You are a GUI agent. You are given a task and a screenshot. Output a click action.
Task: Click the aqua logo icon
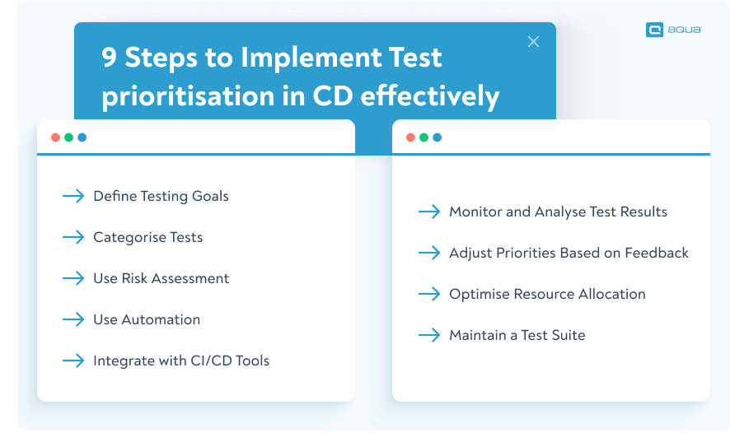coord(655,30)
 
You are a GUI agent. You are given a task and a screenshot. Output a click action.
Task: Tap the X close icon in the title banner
coord(533,42)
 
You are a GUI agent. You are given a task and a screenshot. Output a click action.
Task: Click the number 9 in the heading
coord(110,58)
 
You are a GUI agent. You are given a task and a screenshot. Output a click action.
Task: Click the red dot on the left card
coord(55,137)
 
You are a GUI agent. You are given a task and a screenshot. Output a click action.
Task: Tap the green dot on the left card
coord(68,137)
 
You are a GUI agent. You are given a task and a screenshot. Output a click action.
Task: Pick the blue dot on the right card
coord(437,137)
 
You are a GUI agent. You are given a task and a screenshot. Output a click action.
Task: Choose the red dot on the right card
coord(410,137)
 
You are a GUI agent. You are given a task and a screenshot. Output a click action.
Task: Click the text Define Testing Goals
coord(161,196)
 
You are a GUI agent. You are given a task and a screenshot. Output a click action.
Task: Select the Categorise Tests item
coord(147,237)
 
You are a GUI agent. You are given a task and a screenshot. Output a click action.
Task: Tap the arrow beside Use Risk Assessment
coord(73,278)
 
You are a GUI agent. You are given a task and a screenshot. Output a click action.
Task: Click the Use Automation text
coord(147,319)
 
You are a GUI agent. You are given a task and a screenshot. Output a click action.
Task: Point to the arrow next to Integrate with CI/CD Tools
coord(73,361)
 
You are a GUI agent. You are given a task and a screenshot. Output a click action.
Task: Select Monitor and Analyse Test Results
coord(558,212)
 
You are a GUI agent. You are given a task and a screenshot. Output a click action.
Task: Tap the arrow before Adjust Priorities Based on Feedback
coord(429,253)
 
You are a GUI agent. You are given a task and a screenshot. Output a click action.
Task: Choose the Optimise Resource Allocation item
coord(547,294)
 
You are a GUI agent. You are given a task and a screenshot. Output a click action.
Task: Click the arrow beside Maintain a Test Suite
coord(429,335)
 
